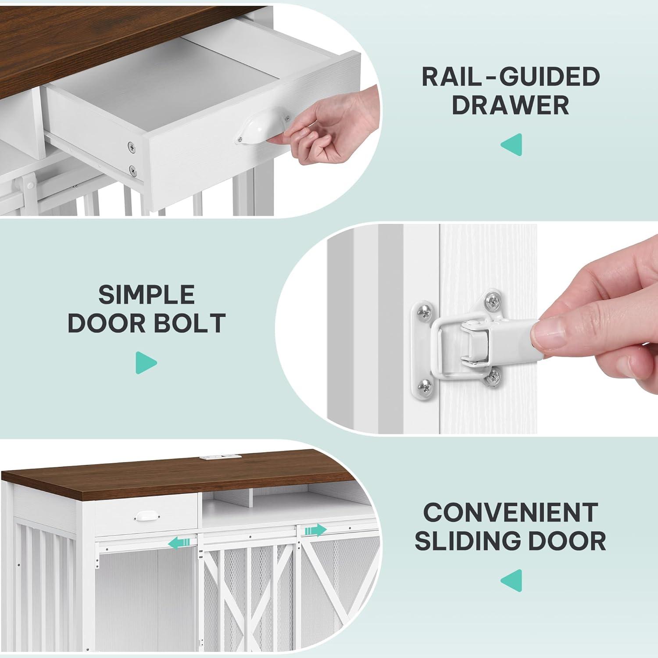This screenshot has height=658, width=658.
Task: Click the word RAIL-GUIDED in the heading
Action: coord(511,77)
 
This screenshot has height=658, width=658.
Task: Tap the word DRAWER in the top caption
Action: coord(511,105)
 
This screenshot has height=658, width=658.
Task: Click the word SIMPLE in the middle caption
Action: coord(146,294)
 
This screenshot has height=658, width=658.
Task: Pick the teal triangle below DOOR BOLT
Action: coord(146,362)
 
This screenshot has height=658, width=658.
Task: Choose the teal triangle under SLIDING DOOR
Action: coord(511,580)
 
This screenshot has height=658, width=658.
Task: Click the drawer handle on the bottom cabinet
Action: coord(144,516)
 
